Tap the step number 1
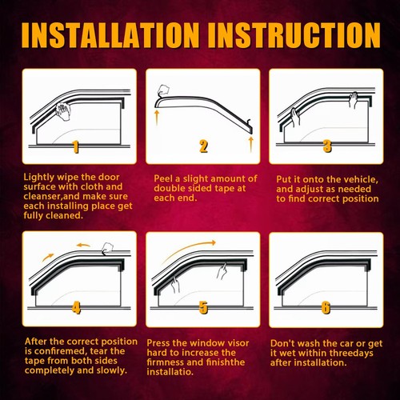[x=76, y=146]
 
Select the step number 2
[x=203, y=146]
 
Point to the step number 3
[x=327, y=146]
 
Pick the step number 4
[x=76, y=307]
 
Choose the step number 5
[x=203, y=307]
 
